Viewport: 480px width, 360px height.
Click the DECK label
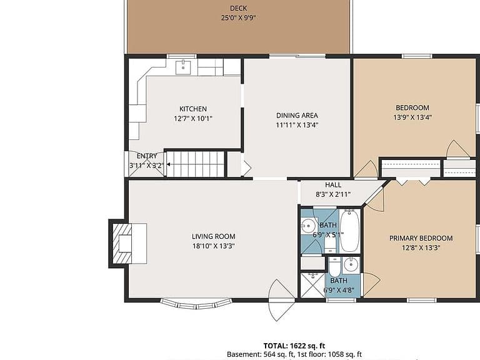[x=238, y=8]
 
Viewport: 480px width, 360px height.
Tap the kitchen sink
[x=183, y=67]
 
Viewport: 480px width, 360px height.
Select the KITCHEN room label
[x=193, y=109]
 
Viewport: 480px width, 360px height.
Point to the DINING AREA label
[x=297, y=116]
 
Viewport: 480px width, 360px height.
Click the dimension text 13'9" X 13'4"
[x=412, y=117]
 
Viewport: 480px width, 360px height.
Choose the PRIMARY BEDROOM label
[x=421, y=238]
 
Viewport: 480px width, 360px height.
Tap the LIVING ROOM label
[x=213, y=236]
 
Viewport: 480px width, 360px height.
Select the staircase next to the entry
[x=196, y=164]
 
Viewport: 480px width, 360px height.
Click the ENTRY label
[x=147, y=156]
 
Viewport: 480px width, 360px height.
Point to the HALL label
[x=333, y=185]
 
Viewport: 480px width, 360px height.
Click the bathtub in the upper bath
[x=349, y=231]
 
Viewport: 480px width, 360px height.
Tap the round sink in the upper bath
[x=308, y=226]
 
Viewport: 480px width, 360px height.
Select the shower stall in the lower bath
[x=312, y=285]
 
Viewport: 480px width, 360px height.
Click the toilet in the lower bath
[x=334, y=267]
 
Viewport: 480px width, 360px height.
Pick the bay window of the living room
[x=196, y=303]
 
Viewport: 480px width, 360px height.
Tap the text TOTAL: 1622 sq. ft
[x=294, y=346]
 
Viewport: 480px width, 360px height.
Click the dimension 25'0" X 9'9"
[x=238, y=17]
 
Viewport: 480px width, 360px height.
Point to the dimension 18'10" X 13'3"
[x=213, y=246]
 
